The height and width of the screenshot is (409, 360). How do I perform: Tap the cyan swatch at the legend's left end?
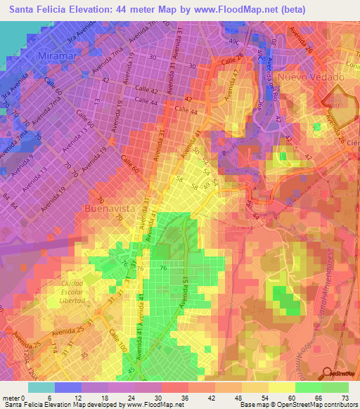pos(41,387)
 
